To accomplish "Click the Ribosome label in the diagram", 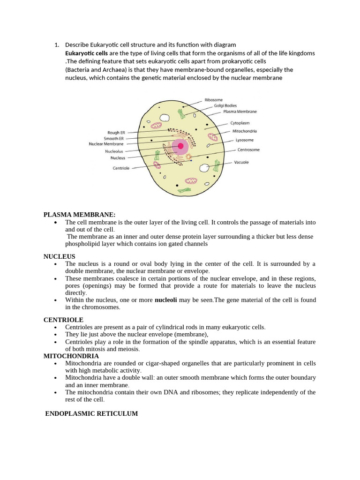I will (x=213, y=100).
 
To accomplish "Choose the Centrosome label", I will (x=248, y=150).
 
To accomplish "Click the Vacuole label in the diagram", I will (x=242, y=162).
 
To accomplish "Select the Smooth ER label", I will (x=114, y=138).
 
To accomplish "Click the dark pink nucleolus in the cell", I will (x=180, y=146).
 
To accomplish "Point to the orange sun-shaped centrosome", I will (x=188, y=157).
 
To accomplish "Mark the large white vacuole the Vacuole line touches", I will (x=204, y=168).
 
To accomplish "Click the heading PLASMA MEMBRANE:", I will (x=79, y=214).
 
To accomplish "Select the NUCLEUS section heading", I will (x=59, y=256).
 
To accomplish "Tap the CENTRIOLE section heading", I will (x=63, y=320).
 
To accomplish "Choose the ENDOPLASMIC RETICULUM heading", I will (x=91, y=413).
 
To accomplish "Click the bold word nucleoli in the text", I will (x=165, y=300).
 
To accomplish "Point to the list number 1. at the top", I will (x=57, y=45).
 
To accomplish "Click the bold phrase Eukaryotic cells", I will (x=86, y=53).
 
